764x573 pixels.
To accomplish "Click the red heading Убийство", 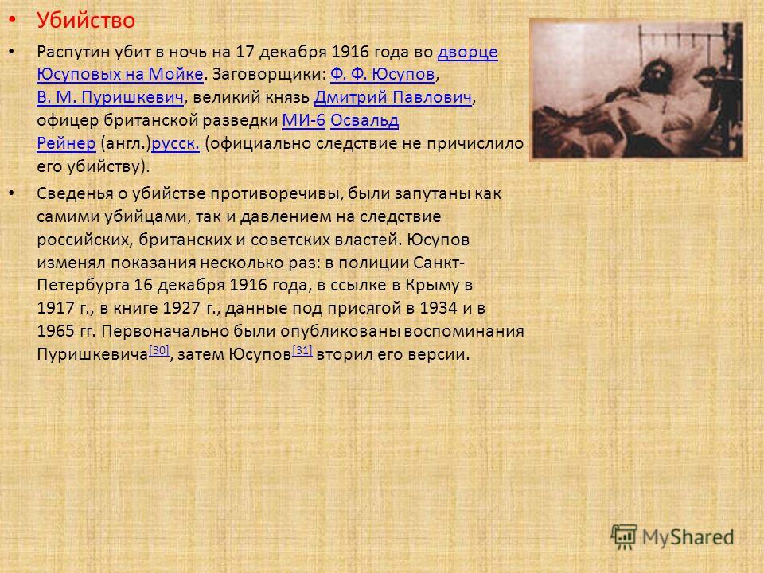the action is point(86,21).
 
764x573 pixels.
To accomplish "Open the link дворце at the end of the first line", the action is point(468,52).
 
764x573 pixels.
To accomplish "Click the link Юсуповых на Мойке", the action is point(120,74).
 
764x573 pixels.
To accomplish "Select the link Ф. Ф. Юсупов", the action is point(383,74).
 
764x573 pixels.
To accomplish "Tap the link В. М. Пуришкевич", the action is point(111,97).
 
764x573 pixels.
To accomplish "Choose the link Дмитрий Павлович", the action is point(393,97).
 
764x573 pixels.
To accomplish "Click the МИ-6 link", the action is point(303,120).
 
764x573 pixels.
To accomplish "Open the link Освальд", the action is point(364,120).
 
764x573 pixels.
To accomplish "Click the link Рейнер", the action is point(66,144).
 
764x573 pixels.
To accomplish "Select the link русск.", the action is point(175,144).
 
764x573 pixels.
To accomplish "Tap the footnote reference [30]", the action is point(159,350).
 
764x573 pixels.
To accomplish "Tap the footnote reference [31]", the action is point(302,350).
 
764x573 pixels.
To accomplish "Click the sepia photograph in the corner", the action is point(637,90).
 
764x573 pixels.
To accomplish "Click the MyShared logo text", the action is point(688,537).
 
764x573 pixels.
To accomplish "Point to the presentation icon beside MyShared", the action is point(624,537).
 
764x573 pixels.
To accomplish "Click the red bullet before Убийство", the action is point(13,20).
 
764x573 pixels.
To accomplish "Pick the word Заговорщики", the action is point(269,75).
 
